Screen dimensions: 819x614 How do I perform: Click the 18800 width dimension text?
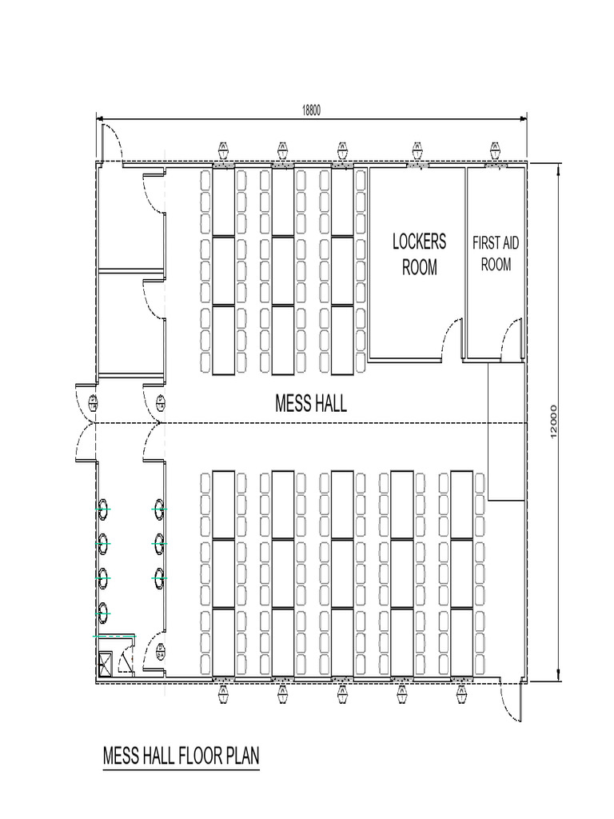coord(311,111)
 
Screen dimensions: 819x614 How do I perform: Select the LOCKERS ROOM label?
coord(419,254)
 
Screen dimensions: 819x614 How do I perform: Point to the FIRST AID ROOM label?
coord(496,253)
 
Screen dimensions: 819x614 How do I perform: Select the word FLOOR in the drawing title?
coord(191,756)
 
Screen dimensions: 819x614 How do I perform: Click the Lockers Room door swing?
coord(451,336)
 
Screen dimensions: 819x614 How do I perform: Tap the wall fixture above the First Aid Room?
coord(496,149)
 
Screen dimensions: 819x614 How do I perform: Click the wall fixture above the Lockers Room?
coord(417,149)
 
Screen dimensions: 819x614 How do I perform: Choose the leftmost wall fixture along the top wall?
coord(223,149)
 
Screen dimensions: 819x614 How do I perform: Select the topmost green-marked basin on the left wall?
coord(103,509)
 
